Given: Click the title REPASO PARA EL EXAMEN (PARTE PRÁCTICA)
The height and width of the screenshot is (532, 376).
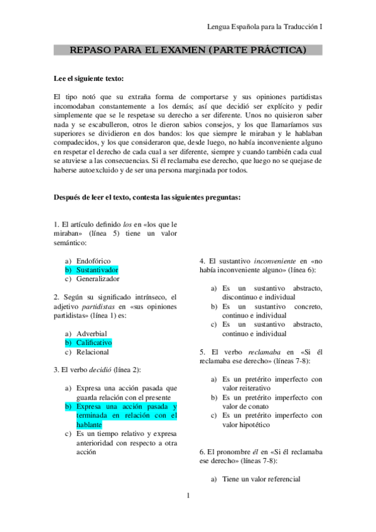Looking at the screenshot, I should (188, 50).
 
